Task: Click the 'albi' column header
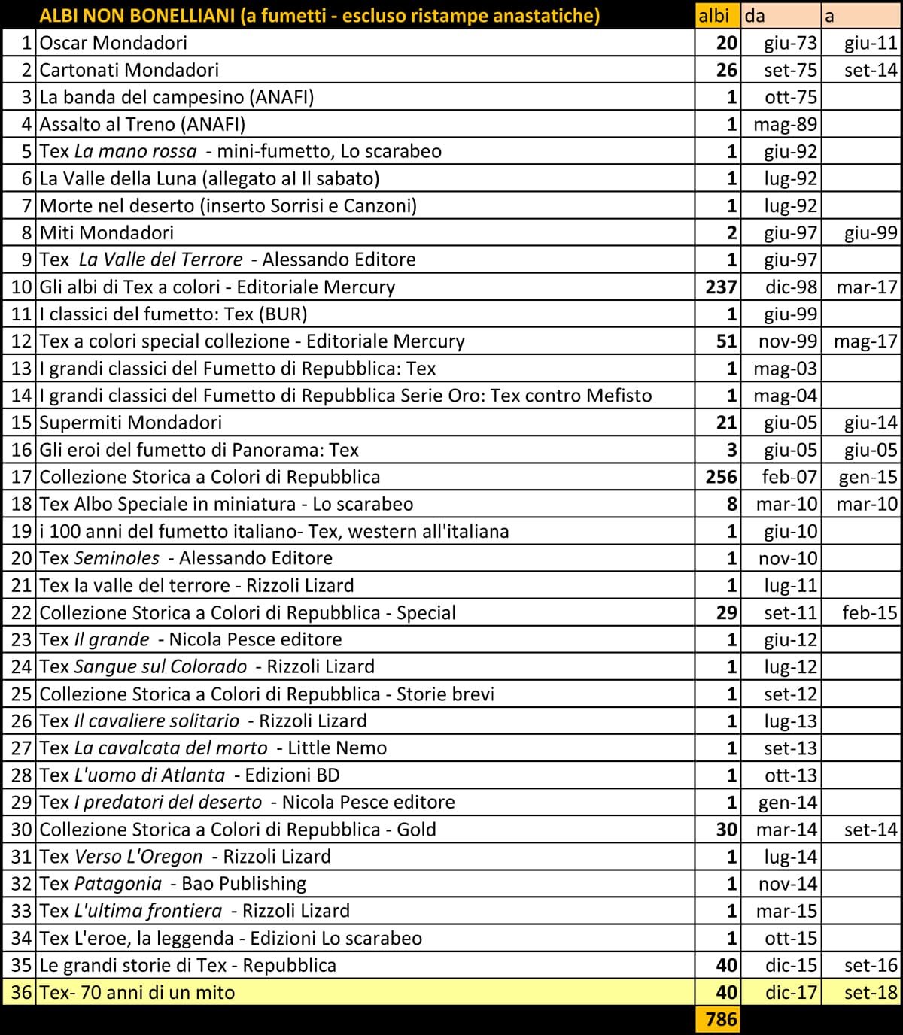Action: (713, 15)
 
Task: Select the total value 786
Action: (720, 1019)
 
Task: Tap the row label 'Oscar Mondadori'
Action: (113, 43)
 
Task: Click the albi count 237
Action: (721, 287)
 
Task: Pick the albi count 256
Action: (721, 477)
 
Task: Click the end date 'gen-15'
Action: (868, 477)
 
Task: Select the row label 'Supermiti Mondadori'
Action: (130, 423)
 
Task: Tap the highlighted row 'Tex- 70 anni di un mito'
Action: (137, 992)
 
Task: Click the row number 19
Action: (21, 531)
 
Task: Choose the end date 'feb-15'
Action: (869, 612)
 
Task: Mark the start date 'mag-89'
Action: (785, 124)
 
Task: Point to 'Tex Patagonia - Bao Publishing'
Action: (173, 884)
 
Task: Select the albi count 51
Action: (725, 341)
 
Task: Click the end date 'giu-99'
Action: (871, 232)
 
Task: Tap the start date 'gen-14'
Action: (787, 803)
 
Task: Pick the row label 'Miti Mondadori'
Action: (106, 232)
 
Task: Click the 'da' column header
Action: (755, 15)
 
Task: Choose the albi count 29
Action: (725, 612)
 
